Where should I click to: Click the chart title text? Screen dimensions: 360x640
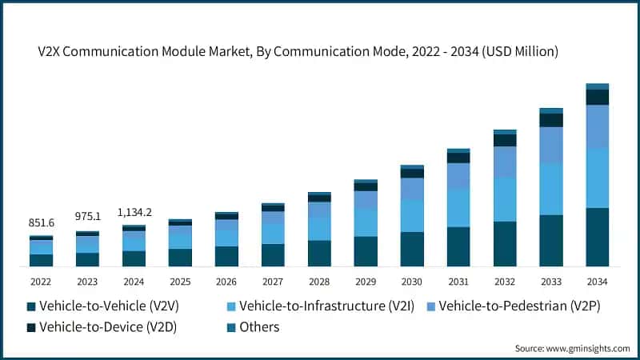(298, 52)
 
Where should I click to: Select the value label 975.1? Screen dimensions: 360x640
(87, 218)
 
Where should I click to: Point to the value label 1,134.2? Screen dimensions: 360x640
(134, 212)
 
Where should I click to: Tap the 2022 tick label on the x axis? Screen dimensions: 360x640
(41, 281)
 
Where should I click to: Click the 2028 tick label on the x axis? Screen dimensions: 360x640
(319, 281)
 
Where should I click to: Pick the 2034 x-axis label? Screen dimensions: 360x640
(598, 281)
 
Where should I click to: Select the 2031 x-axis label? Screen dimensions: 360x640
(458, 281)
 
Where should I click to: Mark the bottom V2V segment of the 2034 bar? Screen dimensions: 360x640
(598, 237)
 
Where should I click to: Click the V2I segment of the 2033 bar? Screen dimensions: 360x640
(551, 189)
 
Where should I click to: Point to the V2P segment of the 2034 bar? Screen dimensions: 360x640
(598, 126)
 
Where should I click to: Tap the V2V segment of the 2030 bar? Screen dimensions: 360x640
(412, 249)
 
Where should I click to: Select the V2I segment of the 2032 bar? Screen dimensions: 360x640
(505, 199)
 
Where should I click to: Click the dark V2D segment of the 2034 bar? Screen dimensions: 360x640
(598, 97)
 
